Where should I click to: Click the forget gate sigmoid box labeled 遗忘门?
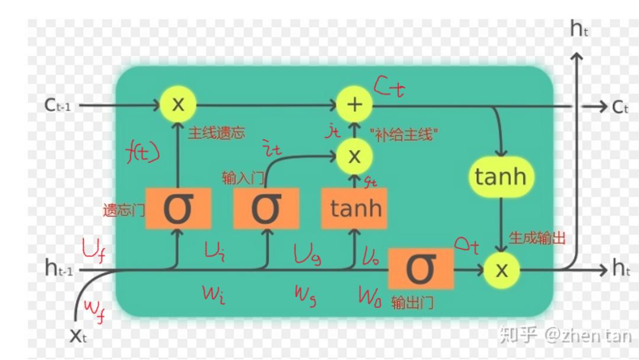pos(178,208)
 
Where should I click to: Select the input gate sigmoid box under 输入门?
pos(265,208)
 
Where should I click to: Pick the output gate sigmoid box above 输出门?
pos(421,269)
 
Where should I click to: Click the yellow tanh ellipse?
pos(501,176)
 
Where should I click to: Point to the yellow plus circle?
pos(354,105)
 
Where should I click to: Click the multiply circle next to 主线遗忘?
pos(177,105)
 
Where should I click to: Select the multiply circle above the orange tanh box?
pos(354,156)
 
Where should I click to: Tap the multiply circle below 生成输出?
pos(501,270)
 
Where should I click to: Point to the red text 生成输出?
pos(537,238)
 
